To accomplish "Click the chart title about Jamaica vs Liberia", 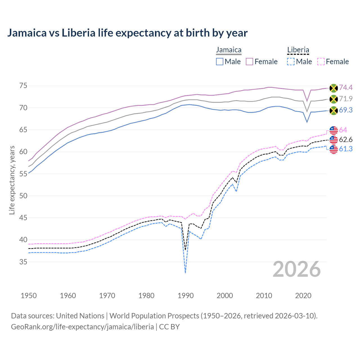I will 127,33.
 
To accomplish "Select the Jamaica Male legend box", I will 220,62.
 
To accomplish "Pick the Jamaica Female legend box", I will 249,62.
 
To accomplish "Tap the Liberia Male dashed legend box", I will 291,62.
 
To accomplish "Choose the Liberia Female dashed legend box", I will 321,62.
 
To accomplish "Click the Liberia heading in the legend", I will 298,50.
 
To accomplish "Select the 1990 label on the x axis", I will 186,296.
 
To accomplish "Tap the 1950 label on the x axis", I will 29,296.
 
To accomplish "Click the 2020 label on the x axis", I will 303,296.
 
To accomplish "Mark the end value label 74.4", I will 346,88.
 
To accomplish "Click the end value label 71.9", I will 346,99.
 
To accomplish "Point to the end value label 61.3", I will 346,149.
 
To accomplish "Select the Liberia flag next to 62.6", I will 334,139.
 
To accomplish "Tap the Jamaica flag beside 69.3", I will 334,110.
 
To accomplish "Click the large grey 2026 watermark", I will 297,269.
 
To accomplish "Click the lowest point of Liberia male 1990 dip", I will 185,273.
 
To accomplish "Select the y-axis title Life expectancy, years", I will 12,180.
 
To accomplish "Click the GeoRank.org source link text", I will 82,327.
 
